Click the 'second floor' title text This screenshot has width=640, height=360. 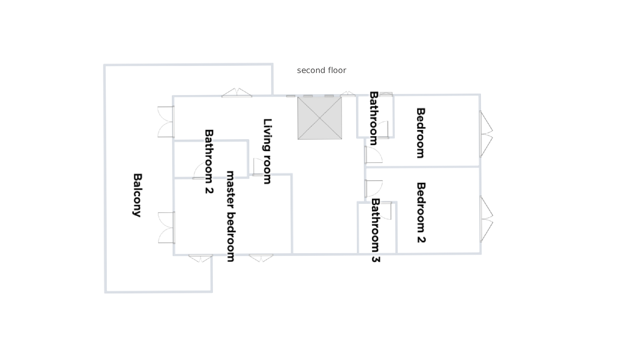point(321,70)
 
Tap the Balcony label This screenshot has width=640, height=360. point(137,195)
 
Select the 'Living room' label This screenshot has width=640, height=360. point(267,151)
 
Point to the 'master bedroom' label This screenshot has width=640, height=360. point(231,216)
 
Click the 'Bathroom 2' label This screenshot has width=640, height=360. point(209,162)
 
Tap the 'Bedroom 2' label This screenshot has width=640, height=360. point(421,213)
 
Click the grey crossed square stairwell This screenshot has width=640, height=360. point(320,118)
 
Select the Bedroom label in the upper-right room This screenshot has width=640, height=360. point(421,133)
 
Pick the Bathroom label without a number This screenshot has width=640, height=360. point(373,118)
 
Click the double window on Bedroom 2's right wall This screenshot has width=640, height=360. point(486,219)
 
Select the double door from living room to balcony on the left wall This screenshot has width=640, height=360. point(166,122)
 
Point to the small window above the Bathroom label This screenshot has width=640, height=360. point(386,94)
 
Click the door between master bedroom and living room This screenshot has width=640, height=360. point(260,167)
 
